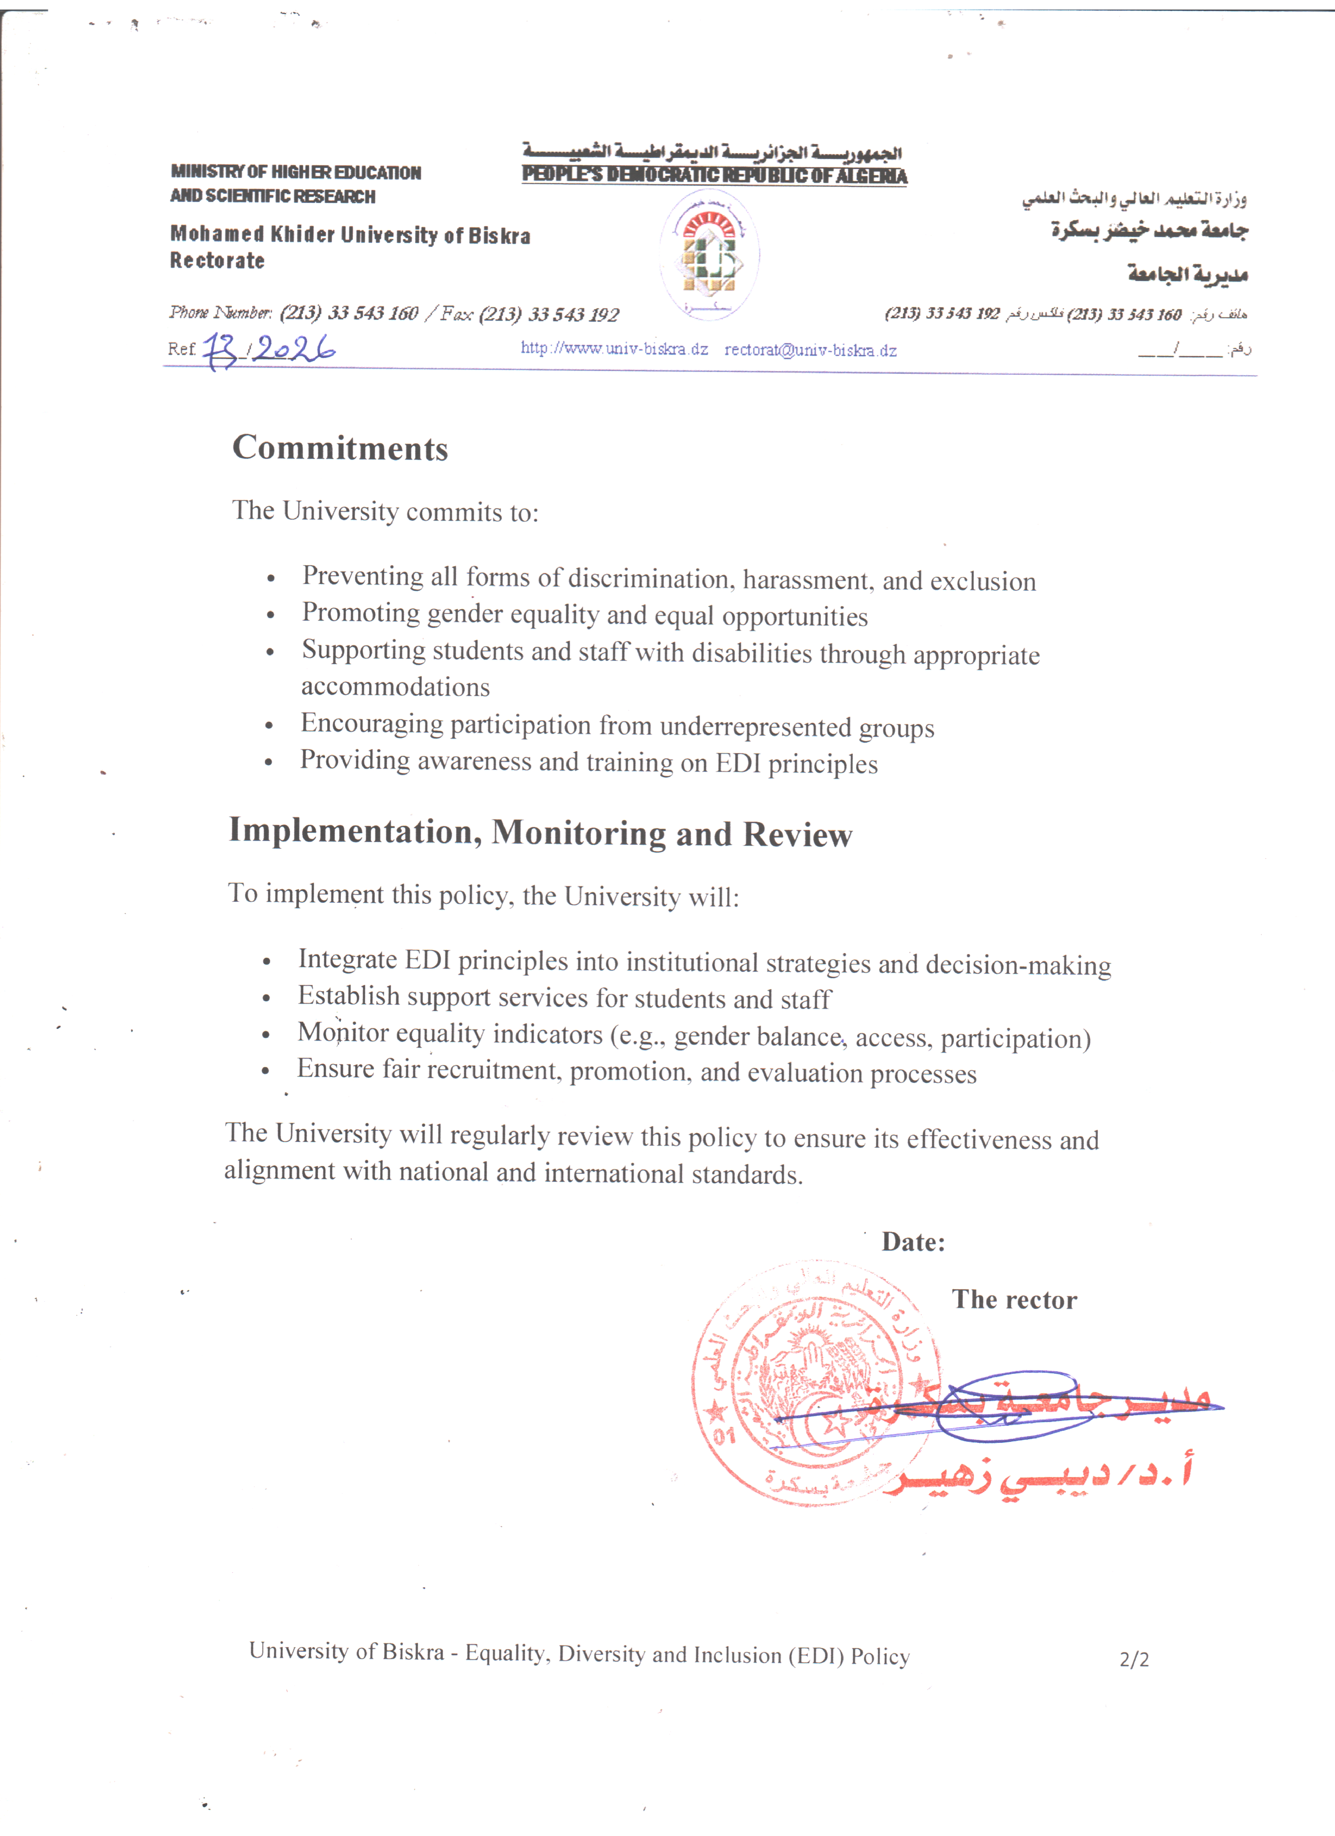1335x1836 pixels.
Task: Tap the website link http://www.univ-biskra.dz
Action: click(x=614, y=349)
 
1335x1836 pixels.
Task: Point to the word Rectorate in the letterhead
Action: click(x=217, y=261)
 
